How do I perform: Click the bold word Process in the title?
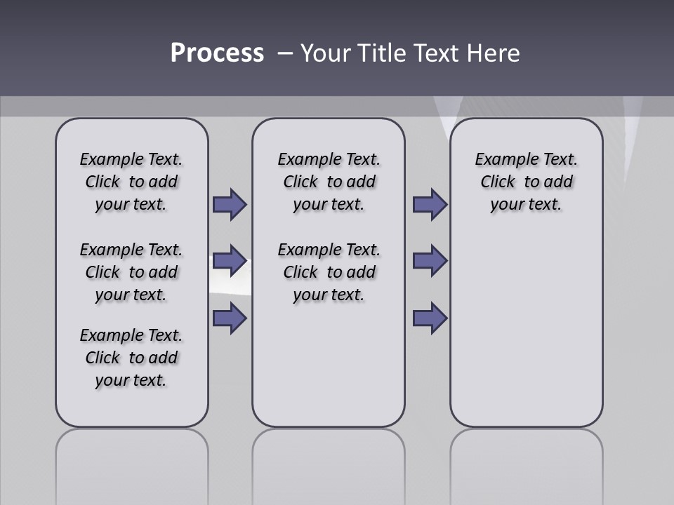[217, 53]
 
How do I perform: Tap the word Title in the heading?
[383, 53]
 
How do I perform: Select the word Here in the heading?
[494, 53]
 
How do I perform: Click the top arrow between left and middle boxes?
[230, 204]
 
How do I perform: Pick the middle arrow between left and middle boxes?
[230, 261]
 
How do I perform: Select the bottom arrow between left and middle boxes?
[230, 318]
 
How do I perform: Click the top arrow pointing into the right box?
[430, 204]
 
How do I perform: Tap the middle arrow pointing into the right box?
[430, 261]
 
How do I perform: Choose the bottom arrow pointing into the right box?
[430, 318]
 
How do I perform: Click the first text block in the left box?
[131, 182]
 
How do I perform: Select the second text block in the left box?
[131, 272]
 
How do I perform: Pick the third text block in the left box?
[131, 358]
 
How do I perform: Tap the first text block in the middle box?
[329, 182]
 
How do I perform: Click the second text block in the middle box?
[329, 272]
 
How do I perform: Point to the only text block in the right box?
[527, 182]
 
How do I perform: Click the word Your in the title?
[326, 53]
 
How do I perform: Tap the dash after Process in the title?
[285, 53]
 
